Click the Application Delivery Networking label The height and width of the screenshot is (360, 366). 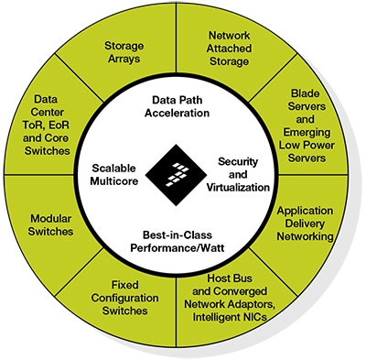pyautogui.click(x=310, y=223)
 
